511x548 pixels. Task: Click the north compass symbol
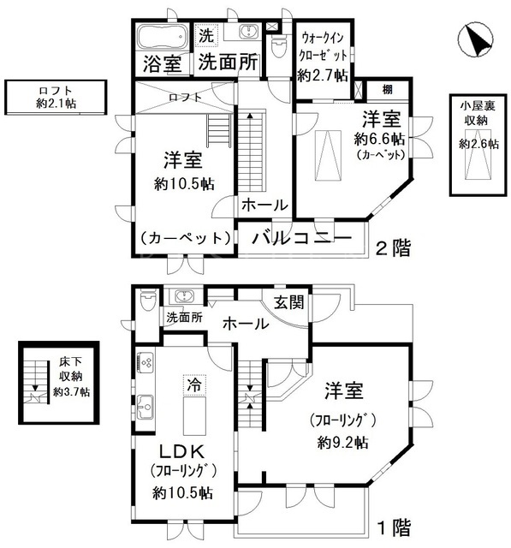click(475, 39)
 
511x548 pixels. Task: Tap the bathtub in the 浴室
click(162, 37)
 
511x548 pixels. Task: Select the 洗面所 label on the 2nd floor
click(228, 63)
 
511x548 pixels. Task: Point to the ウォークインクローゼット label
click(324, 45)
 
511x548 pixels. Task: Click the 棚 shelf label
click(387, 90)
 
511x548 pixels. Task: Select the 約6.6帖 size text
click(379, 140)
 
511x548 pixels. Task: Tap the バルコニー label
click(301, 238)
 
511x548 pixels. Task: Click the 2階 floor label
click(393, 248)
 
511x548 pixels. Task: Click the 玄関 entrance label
click(288, 302)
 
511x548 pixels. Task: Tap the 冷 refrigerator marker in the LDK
click(194, 384)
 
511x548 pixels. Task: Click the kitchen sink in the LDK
click(146, 407)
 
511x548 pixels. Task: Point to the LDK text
click(182, 452)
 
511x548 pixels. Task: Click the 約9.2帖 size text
click(342, 443)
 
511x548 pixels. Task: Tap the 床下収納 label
click(70, 368)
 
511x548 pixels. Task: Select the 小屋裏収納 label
click(478, 113)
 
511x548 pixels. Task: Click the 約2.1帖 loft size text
click(56, 104)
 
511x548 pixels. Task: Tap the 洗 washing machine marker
click(206, 36)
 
